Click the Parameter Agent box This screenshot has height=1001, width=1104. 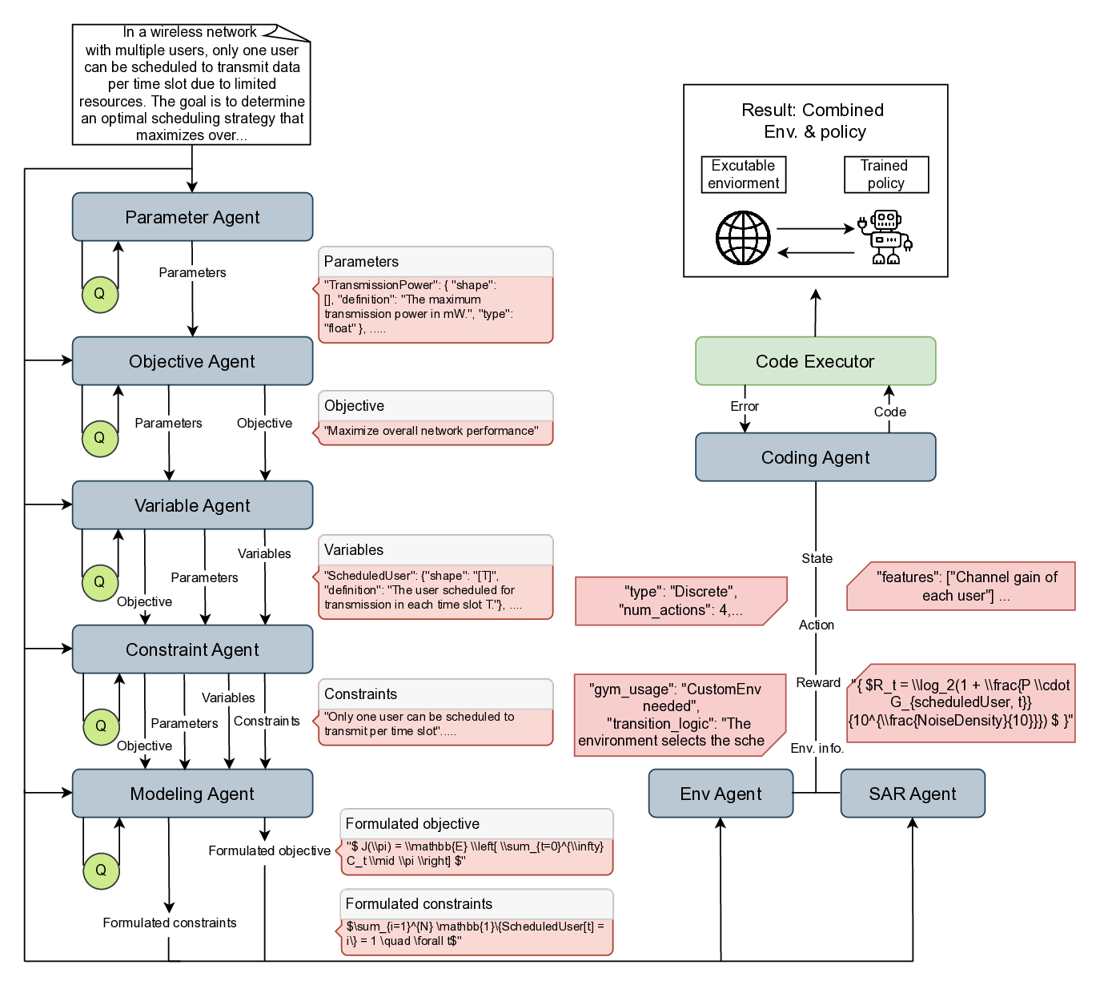(192, 217)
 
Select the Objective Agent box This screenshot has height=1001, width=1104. (192, 361)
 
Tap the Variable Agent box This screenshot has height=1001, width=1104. (192, 505)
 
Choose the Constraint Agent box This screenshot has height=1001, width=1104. (192, 649)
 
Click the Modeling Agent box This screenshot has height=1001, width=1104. (192, 794)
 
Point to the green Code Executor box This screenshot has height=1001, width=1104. (815, 361)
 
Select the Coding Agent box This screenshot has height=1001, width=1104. (815, 457)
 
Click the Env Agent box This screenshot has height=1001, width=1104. (721, 794)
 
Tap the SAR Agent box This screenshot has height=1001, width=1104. (913, 794)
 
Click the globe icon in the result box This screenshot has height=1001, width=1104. (743, 238)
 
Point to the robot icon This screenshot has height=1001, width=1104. (885, 237)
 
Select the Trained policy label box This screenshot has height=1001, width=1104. (885, 175)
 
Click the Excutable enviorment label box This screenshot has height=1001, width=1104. (743, 175)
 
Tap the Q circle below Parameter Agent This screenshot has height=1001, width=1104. (100, 294)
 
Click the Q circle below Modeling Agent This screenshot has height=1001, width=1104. (101, 870)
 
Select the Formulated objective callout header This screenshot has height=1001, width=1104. (476, 824)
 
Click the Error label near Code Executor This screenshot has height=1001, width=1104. (745, 406)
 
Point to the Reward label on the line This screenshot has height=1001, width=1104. (818, 682)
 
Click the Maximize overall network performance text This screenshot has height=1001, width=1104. (432, 431)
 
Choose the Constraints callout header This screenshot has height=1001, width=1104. (436, 694)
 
